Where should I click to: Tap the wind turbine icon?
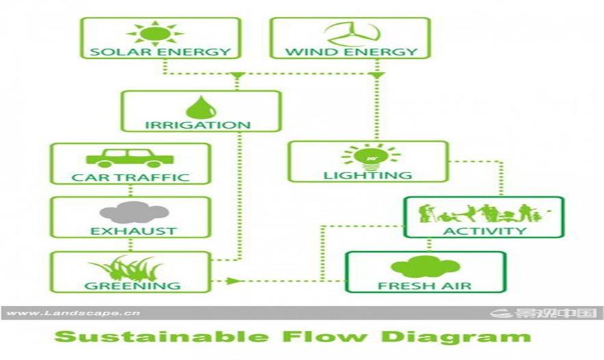coord(351,33)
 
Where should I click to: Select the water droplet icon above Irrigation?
coord(200,107)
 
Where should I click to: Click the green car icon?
coord(129,158)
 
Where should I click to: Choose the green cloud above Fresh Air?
coord(425,267)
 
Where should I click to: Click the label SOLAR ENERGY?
coord(160,51)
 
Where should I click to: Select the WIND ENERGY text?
coord(351,51)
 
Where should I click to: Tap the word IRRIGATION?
coord(197,125)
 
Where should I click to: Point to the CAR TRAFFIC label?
coord(130,177)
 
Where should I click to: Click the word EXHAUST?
coord(133,231)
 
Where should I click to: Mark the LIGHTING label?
coord(368,175)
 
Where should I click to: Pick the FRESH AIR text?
coord(425,285)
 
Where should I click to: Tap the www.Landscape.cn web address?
coord(73,313)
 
